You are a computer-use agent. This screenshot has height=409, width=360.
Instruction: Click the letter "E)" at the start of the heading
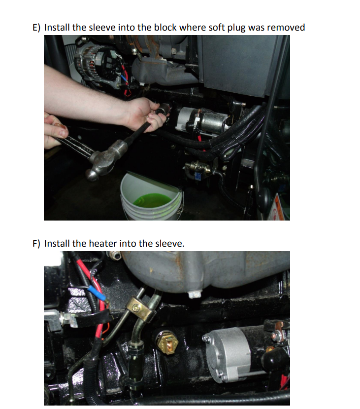click(x=36, y=28)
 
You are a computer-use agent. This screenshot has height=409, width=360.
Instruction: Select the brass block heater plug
click(x=167, y=341)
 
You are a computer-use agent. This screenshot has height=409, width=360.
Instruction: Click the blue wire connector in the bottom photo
click(x=97, y=293)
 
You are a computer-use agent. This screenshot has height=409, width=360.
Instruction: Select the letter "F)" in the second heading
click(x=36, y=244)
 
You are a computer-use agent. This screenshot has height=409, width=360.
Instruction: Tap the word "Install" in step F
click(x=57, y=243)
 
